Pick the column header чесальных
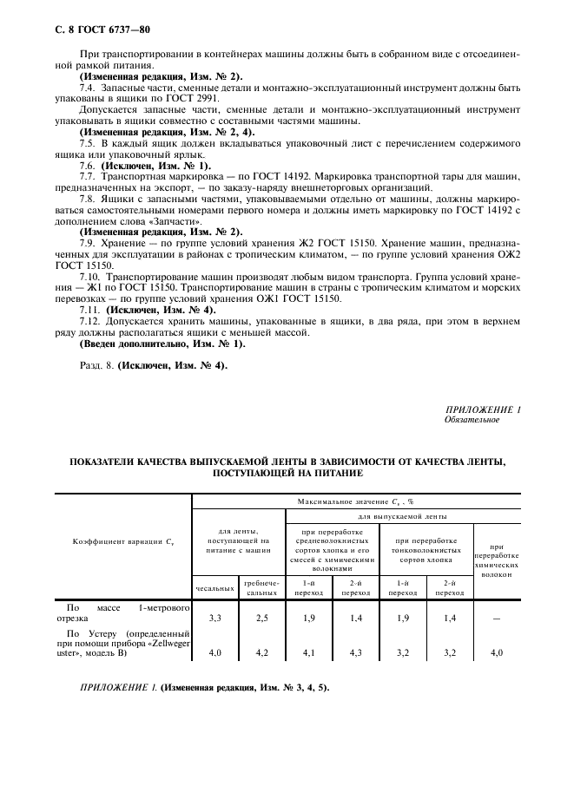214,588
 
